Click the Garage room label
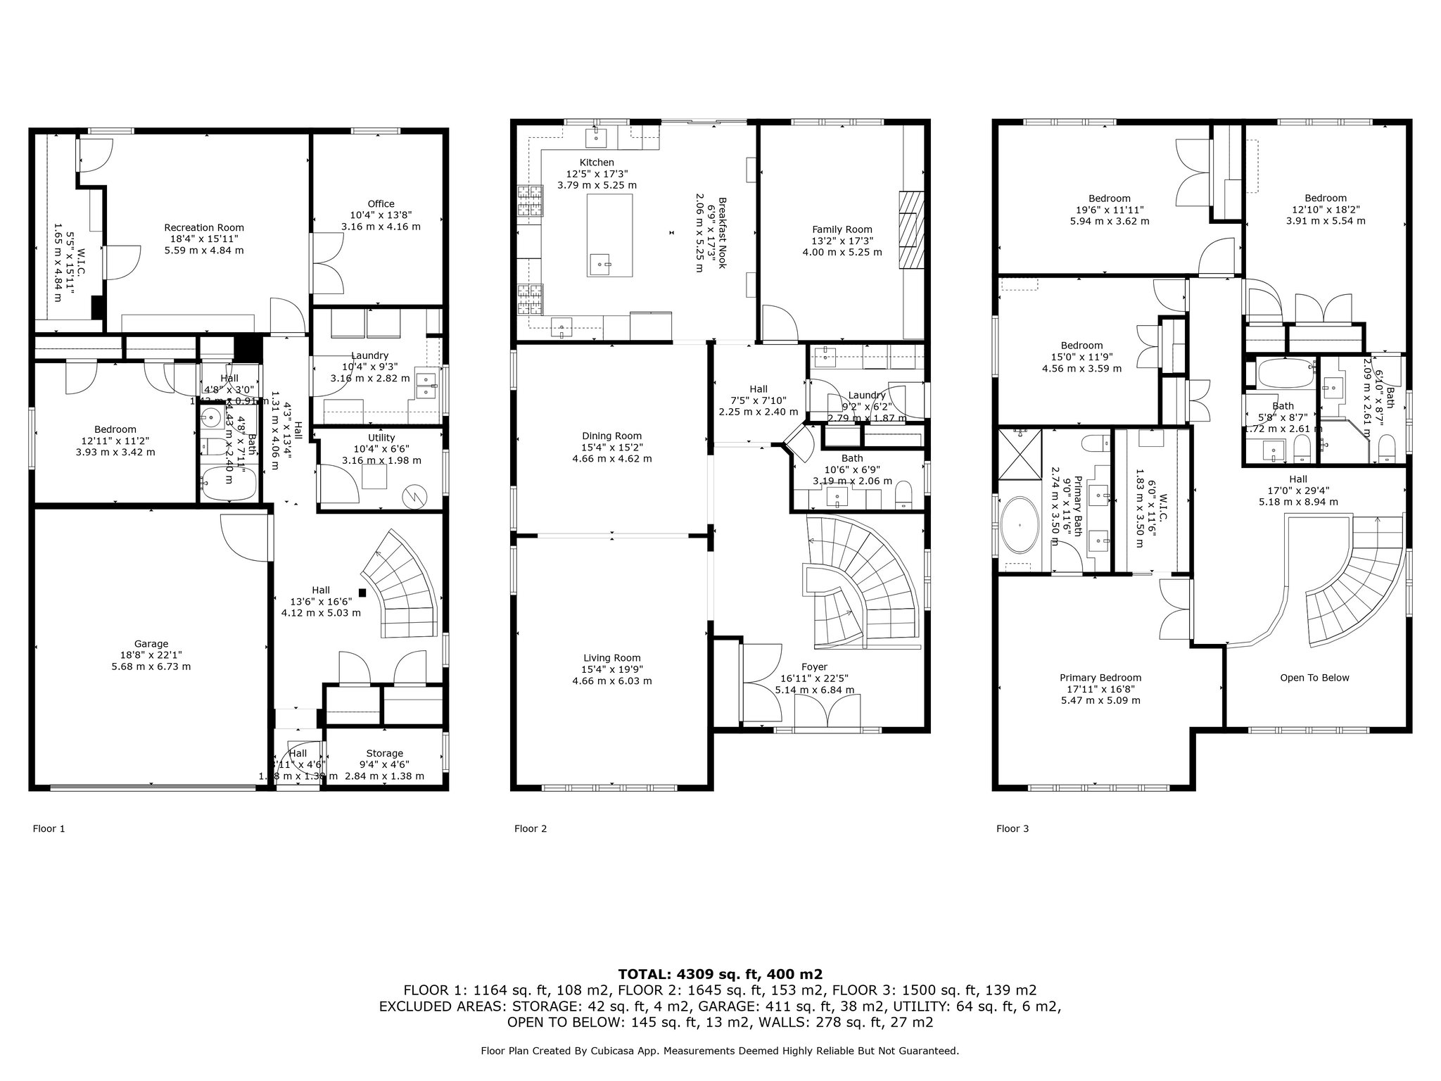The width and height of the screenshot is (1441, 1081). [x=151, y=643]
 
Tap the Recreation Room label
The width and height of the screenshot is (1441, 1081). [x=204, y=227]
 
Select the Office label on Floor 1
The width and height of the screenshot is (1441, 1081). [x=381, y=204]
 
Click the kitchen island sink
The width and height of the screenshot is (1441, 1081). [x=601, y=266]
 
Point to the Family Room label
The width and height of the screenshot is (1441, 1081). [x=842, y=229]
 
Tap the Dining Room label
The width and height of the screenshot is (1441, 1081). [x=611, y=436]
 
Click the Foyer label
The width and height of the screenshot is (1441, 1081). [x=814, y=666]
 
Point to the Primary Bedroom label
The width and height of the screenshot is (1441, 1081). [x=1100, y=678]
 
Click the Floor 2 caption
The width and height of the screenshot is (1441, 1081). [x=530, y=828]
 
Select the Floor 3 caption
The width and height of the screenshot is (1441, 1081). [x=1012, y=828]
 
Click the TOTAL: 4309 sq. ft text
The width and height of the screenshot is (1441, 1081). [x=720, y=974]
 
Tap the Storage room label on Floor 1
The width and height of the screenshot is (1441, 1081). [x=384, y=753]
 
